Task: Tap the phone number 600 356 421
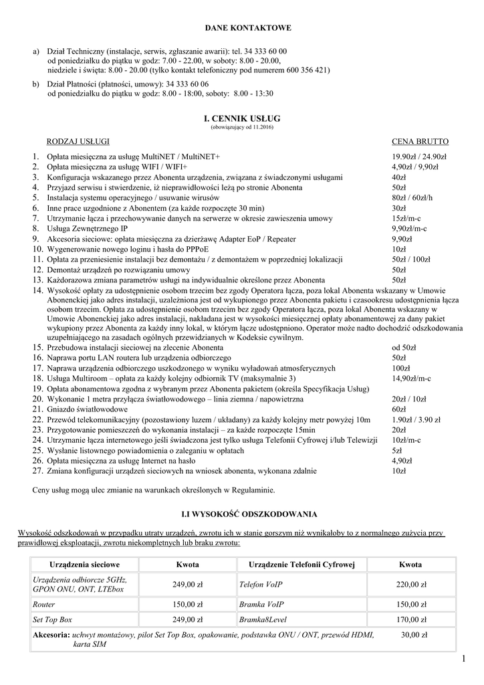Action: pos(305,70)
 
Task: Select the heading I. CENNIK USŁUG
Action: pos(241,118)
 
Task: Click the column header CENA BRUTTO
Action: pos(420,142)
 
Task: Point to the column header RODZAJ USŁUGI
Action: pos(78,142)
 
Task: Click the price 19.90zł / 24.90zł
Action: pos(419,157)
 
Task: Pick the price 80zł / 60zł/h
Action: pos(412,199)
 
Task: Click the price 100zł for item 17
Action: pos(400,369)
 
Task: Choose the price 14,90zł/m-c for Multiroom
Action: pos(411,379)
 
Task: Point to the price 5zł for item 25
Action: pos(397,451)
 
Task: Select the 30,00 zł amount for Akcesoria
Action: pos(414,634)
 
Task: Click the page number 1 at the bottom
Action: pos(463,661)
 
